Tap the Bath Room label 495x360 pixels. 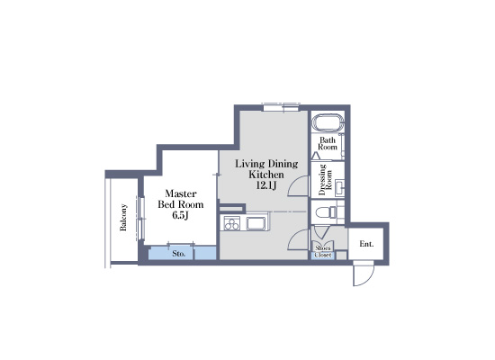[x=328, y=143]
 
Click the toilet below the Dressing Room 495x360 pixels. [x=330, y=213]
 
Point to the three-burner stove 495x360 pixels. [x=230, y=223]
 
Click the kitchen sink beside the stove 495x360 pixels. [x=256, y=222]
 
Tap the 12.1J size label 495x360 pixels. [x=267, y=186]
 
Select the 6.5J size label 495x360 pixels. [x=180, y=216]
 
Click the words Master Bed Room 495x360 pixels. [x=181, y=199]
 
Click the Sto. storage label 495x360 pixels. [x=179, y=254]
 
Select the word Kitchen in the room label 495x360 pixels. [x=267, y=175]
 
